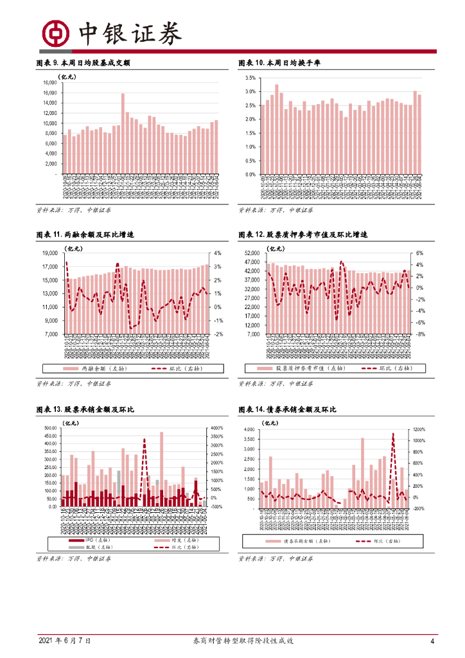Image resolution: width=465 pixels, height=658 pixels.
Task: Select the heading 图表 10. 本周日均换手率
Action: point(279,63)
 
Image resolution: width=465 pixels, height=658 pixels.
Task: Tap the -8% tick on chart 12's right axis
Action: point(421,335)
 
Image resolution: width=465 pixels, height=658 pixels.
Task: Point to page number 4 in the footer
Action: point(432,641)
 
